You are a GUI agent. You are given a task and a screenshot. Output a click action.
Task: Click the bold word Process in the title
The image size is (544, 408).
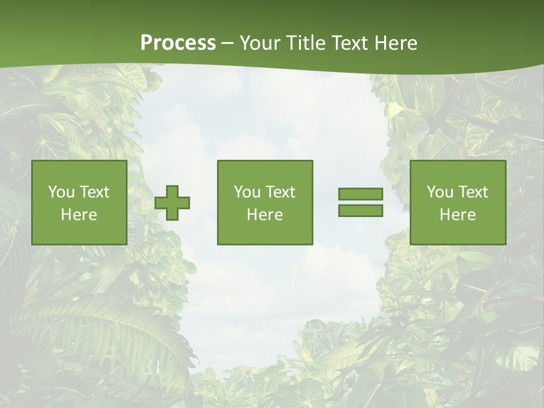click(178, 43)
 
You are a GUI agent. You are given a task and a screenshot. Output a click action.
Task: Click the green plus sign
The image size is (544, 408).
click(172, 202)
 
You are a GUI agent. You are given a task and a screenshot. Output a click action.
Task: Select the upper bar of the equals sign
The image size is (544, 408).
click(360, 194)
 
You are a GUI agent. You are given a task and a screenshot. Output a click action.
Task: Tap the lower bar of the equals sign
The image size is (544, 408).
click(360, 210)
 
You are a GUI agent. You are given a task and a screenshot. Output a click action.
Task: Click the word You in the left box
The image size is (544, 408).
click(61, 192)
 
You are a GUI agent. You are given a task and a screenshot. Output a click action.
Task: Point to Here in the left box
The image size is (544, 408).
click(79, 215)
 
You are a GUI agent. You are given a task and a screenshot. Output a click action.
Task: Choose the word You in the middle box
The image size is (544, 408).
click(247, 192)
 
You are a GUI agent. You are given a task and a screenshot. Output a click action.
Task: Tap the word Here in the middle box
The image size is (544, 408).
click(265, 215)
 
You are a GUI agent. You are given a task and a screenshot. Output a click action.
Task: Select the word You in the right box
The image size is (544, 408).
click(440, 192)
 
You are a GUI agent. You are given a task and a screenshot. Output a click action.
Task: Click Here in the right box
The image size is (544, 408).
click(457, 215)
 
